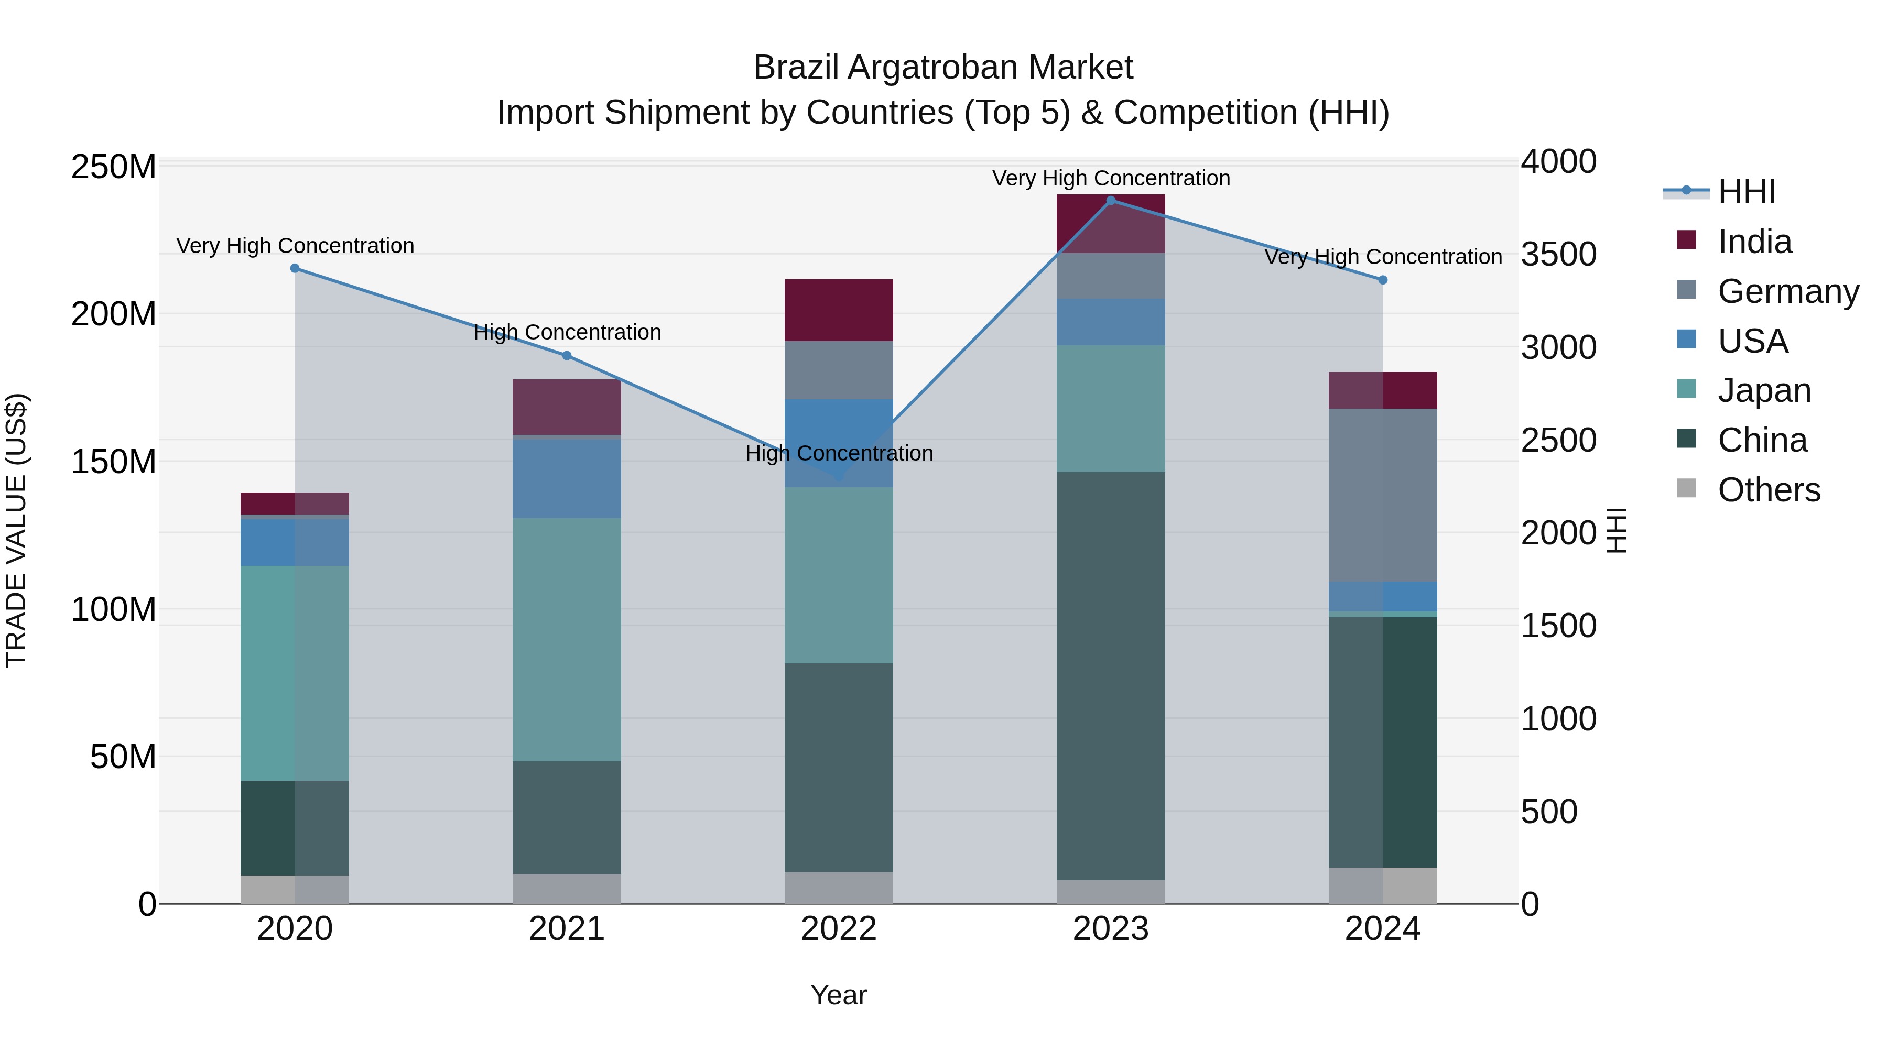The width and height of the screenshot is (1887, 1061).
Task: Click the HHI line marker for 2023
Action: (x=1111, y=201)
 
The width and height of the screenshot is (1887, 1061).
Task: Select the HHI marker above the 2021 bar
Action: (x=566, y=356)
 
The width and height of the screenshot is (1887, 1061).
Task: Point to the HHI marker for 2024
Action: (x=1382, y=280)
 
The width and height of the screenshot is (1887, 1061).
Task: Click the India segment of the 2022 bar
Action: (x=838, y=310)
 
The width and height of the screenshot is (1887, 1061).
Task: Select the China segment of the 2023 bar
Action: (x=1111, y=675)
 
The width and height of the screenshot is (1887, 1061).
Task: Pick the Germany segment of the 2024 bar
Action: (x=1382, y=495)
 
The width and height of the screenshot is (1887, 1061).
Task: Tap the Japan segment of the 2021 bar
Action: (x=566, y=639)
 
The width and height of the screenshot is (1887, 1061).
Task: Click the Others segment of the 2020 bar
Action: (x=295, y=889)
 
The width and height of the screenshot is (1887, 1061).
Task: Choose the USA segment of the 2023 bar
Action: (x=1111, y=322)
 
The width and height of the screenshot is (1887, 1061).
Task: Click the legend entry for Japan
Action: (x=1764, y=390)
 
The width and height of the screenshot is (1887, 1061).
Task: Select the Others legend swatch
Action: (x=1686, y=488)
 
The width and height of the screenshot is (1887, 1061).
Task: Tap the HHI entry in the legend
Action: (x=1747, y=192)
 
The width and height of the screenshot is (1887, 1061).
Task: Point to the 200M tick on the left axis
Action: (x=114, y=314)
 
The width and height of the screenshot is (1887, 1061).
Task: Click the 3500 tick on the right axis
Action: (x=1558, y=254)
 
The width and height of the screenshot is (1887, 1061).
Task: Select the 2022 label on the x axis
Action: (x=838, y=929)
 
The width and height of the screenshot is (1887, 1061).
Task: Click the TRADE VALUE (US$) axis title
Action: (x=16, y=530)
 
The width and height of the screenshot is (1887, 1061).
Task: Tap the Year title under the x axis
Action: (x=838, y=995)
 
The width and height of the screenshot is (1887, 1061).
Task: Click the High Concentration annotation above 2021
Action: (x=567, y=332)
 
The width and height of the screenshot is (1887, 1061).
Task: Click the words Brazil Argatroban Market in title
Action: (x=943, y=68)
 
